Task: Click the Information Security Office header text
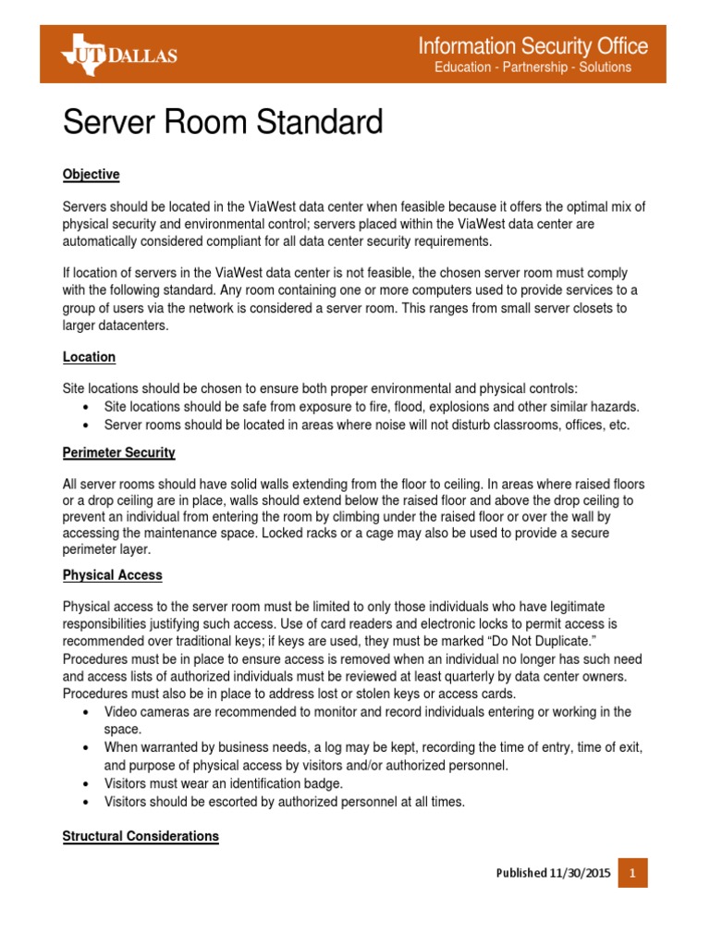click(533, 45)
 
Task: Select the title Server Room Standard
click(222, 122)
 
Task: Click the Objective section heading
click(91, 175)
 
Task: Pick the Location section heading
click(89, 357)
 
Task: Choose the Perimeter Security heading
click(118, 453)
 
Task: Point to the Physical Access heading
click(112, 575)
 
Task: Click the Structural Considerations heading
click(141, 836)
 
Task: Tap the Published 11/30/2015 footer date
click(553, 873)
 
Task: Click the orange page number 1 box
click(633, 873)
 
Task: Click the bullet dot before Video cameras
click(86, 712)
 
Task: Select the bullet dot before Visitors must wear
click(86, 783)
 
